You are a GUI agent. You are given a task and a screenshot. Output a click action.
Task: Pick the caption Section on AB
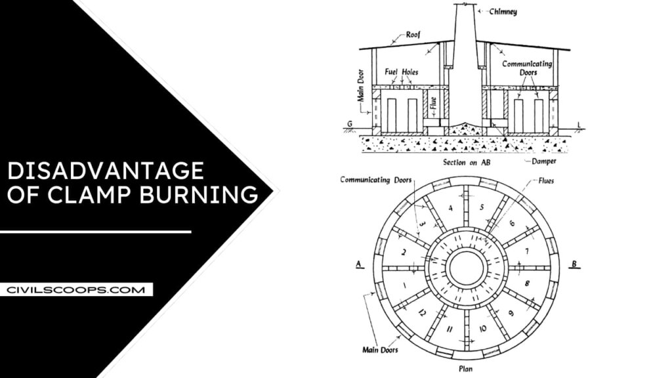tap(463, 160)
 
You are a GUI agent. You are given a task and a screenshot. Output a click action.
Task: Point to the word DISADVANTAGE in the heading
tap(105, 171)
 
